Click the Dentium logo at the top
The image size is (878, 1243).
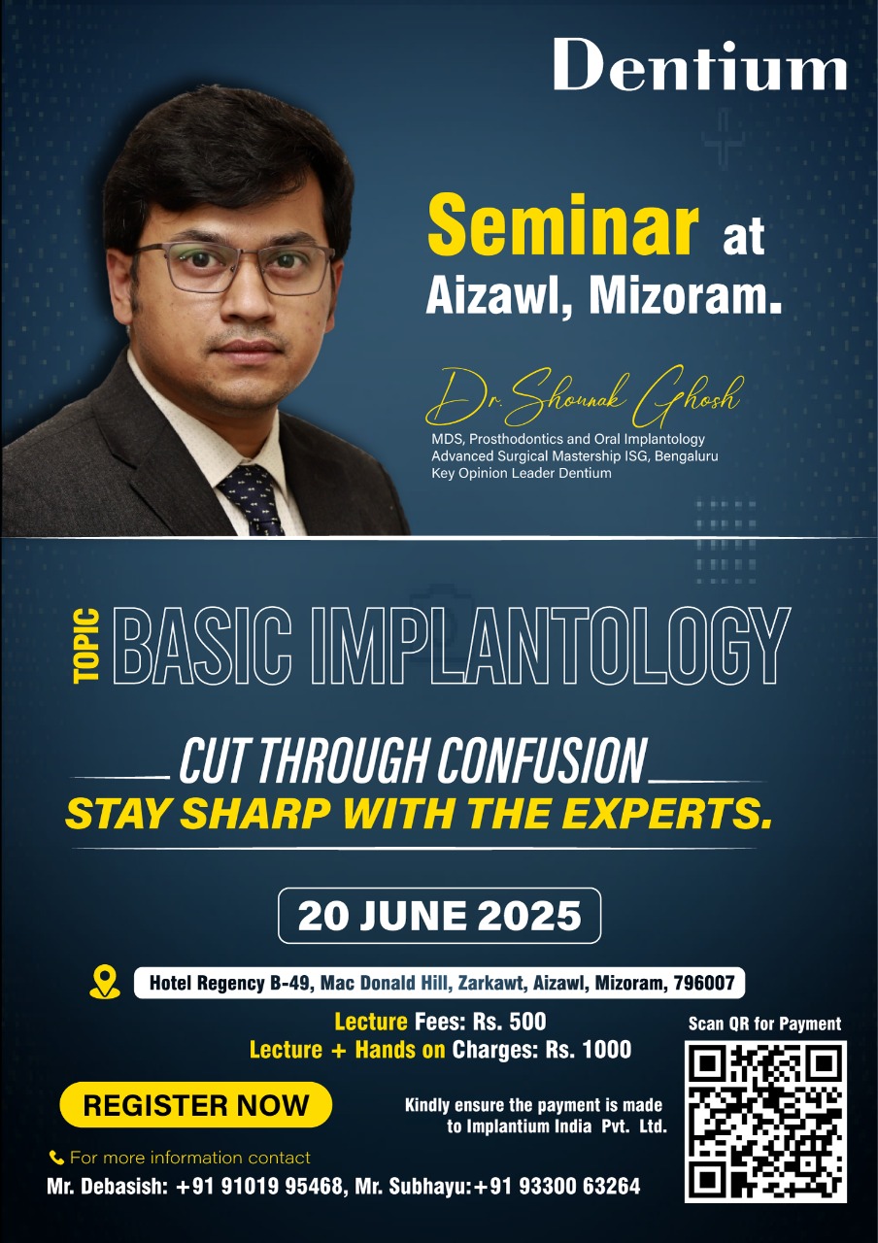[x=699, y=64]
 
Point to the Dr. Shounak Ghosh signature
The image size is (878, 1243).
[x=585, y=395]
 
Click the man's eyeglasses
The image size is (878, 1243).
[x=233, y=267]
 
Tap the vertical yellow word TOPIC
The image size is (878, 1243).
[x=86, y=646]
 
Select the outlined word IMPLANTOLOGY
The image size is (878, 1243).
[x=550, y=646]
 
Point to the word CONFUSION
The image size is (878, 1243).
[x=542, y=760]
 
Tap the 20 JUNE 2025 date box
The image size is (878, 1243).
[x=439, y=916]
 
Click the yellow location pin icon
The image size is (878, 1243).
[x=104, y=982]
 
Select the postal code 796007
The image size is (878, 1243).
[x=704, y=983]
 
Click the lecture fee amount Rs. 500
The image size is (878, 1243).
[x=510, y=1022]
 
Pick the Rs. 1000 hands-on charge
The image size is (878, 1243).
[x=589, y=1050]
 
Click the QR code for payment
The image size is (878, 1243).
[x=765, y=1122]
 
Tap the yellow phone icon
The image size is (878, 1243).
[x=56, y=1157]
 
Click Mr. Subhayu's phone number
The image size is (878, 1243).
[x=557, y=1187]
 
